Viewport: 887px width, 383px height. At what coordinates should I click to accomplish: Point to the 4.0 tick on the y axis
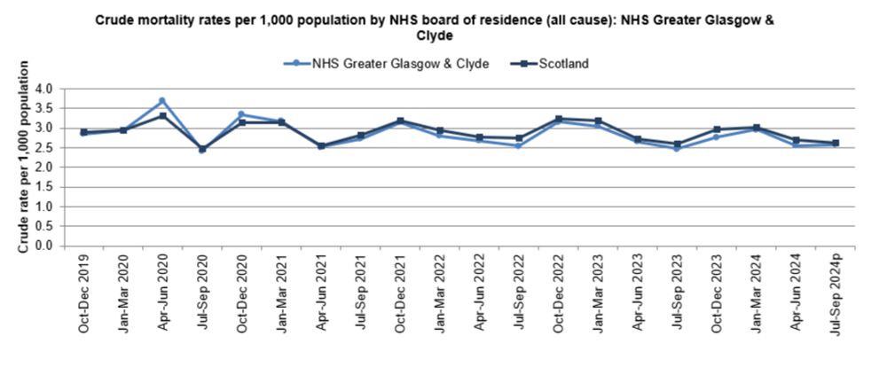pos(43,89)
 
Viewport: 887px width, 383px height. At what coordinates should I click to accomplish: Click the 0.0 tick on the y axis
pos(43,246)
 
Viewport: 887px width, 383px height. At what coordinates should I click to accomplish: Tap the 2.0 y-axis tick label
pos(43,167)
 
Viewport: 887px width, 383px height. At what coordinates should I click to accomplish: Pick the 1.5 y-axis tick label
pos(43,186)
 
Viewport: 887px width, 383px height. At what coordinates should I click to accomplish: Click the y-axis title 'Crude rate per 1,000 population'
pos(24,156)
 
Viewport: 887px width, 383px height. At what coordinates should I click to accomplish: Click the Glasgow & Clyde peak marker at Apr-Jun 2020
pos(162,101)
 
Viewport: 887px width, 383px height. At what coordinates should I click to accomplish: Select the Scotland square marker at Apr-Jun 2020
pos(162,115)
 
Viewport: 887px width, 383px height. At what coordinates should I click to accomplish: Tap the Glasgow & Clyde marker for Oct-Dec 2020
pos(241,114)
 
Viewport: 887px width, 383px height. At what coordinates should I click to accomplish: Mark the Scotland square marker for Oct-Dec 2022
pos(558,119)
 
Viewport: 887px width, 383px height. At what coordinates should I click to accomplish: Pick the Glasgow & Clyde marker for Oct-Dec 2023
pos(717,137)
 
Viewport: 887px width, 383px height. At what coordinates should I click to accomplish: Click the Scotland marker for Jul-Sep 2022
pos(519,138)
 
